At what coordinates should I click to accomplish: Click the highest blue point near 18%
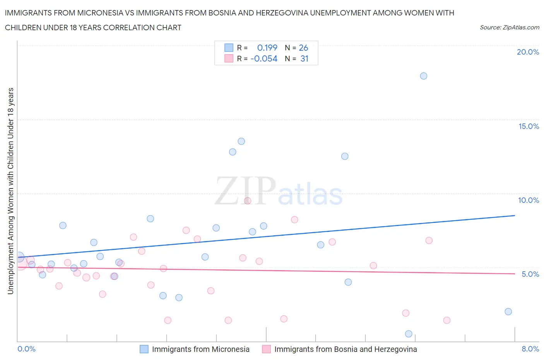423,76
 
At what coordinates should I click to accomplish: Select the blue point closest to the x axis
409,334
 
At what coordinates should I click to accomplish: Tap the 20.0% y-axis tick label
528,52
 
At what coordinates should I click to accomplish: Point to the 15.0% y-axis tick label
529,126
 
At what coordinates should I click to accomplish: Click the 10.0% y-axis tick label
529,200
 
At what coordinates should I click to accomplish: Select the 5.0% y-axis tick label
530,274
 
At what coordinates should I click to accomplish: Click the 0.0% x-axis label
26,349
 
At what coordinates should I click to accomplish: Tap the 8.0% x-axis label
530,349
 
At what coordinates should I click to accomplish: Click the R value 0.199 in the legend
267,48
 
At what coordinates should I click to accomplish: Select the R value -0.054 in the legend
264,58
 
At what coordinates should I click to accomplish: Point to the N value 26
303,48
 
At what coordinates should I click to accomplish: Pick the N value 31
304,58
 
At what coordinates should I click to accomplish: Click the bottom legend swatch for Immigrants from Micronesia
144,349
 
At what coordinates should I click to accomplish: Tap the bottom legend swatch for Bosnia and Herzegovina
266,349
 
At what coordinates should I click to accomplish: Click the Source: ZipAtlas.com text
509,27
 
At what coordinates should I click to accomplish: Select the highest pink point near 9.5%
248,201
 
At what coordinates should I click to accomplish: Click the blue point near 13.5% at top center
241,141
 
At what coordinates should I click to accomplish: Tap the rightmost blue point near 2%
508,312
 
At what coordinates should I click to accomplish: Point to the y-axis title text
10,191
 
